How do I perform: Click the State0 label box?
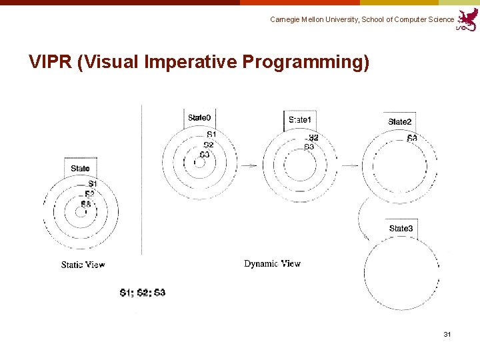199,118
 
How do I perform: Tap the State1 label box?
300,120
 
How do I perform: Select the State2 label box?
400,121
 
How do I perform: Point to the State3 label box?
401,229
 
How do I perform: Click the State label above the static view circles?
80,168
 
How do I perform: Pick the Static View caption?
83,265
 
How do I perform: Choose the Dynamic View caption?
272,263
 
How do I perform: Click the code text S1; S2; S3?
143,293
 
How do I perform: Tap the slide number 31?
447,333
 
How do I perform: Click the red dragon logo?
467,19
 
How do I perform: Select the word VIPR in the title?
51,62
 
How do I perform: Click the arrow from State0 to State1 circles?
249,165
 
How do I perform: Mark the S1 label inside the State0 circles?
211,135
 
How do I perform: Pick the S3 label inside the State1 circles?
309,147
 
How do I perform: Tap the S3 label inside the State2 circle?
412,139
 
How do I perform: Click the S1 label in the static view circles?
93,183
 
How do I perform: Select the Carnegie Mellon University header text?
362,20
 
